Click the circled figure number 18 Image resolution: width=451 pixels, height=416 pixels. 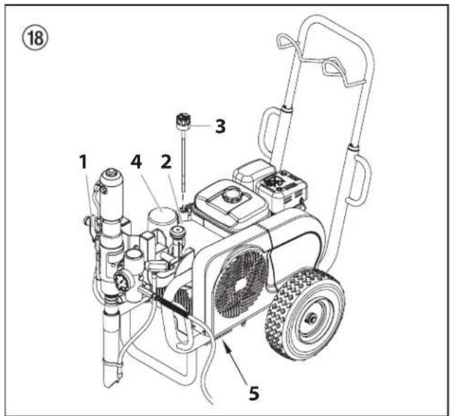35,38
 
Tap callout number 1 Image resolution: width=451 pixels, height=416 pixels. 83,162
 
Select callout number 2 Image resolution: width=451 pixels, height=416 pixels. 166,162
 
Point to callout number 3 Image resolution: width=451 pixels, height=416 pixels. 220,126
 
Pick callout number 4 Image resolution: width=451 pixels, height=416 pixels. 136,161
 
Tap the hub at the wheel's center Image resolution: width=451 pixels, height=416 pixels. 312,318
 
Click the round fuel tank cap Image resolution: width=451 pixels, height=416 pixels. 230,195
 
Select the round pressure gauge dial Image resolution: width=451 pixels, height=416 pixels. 122,280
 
